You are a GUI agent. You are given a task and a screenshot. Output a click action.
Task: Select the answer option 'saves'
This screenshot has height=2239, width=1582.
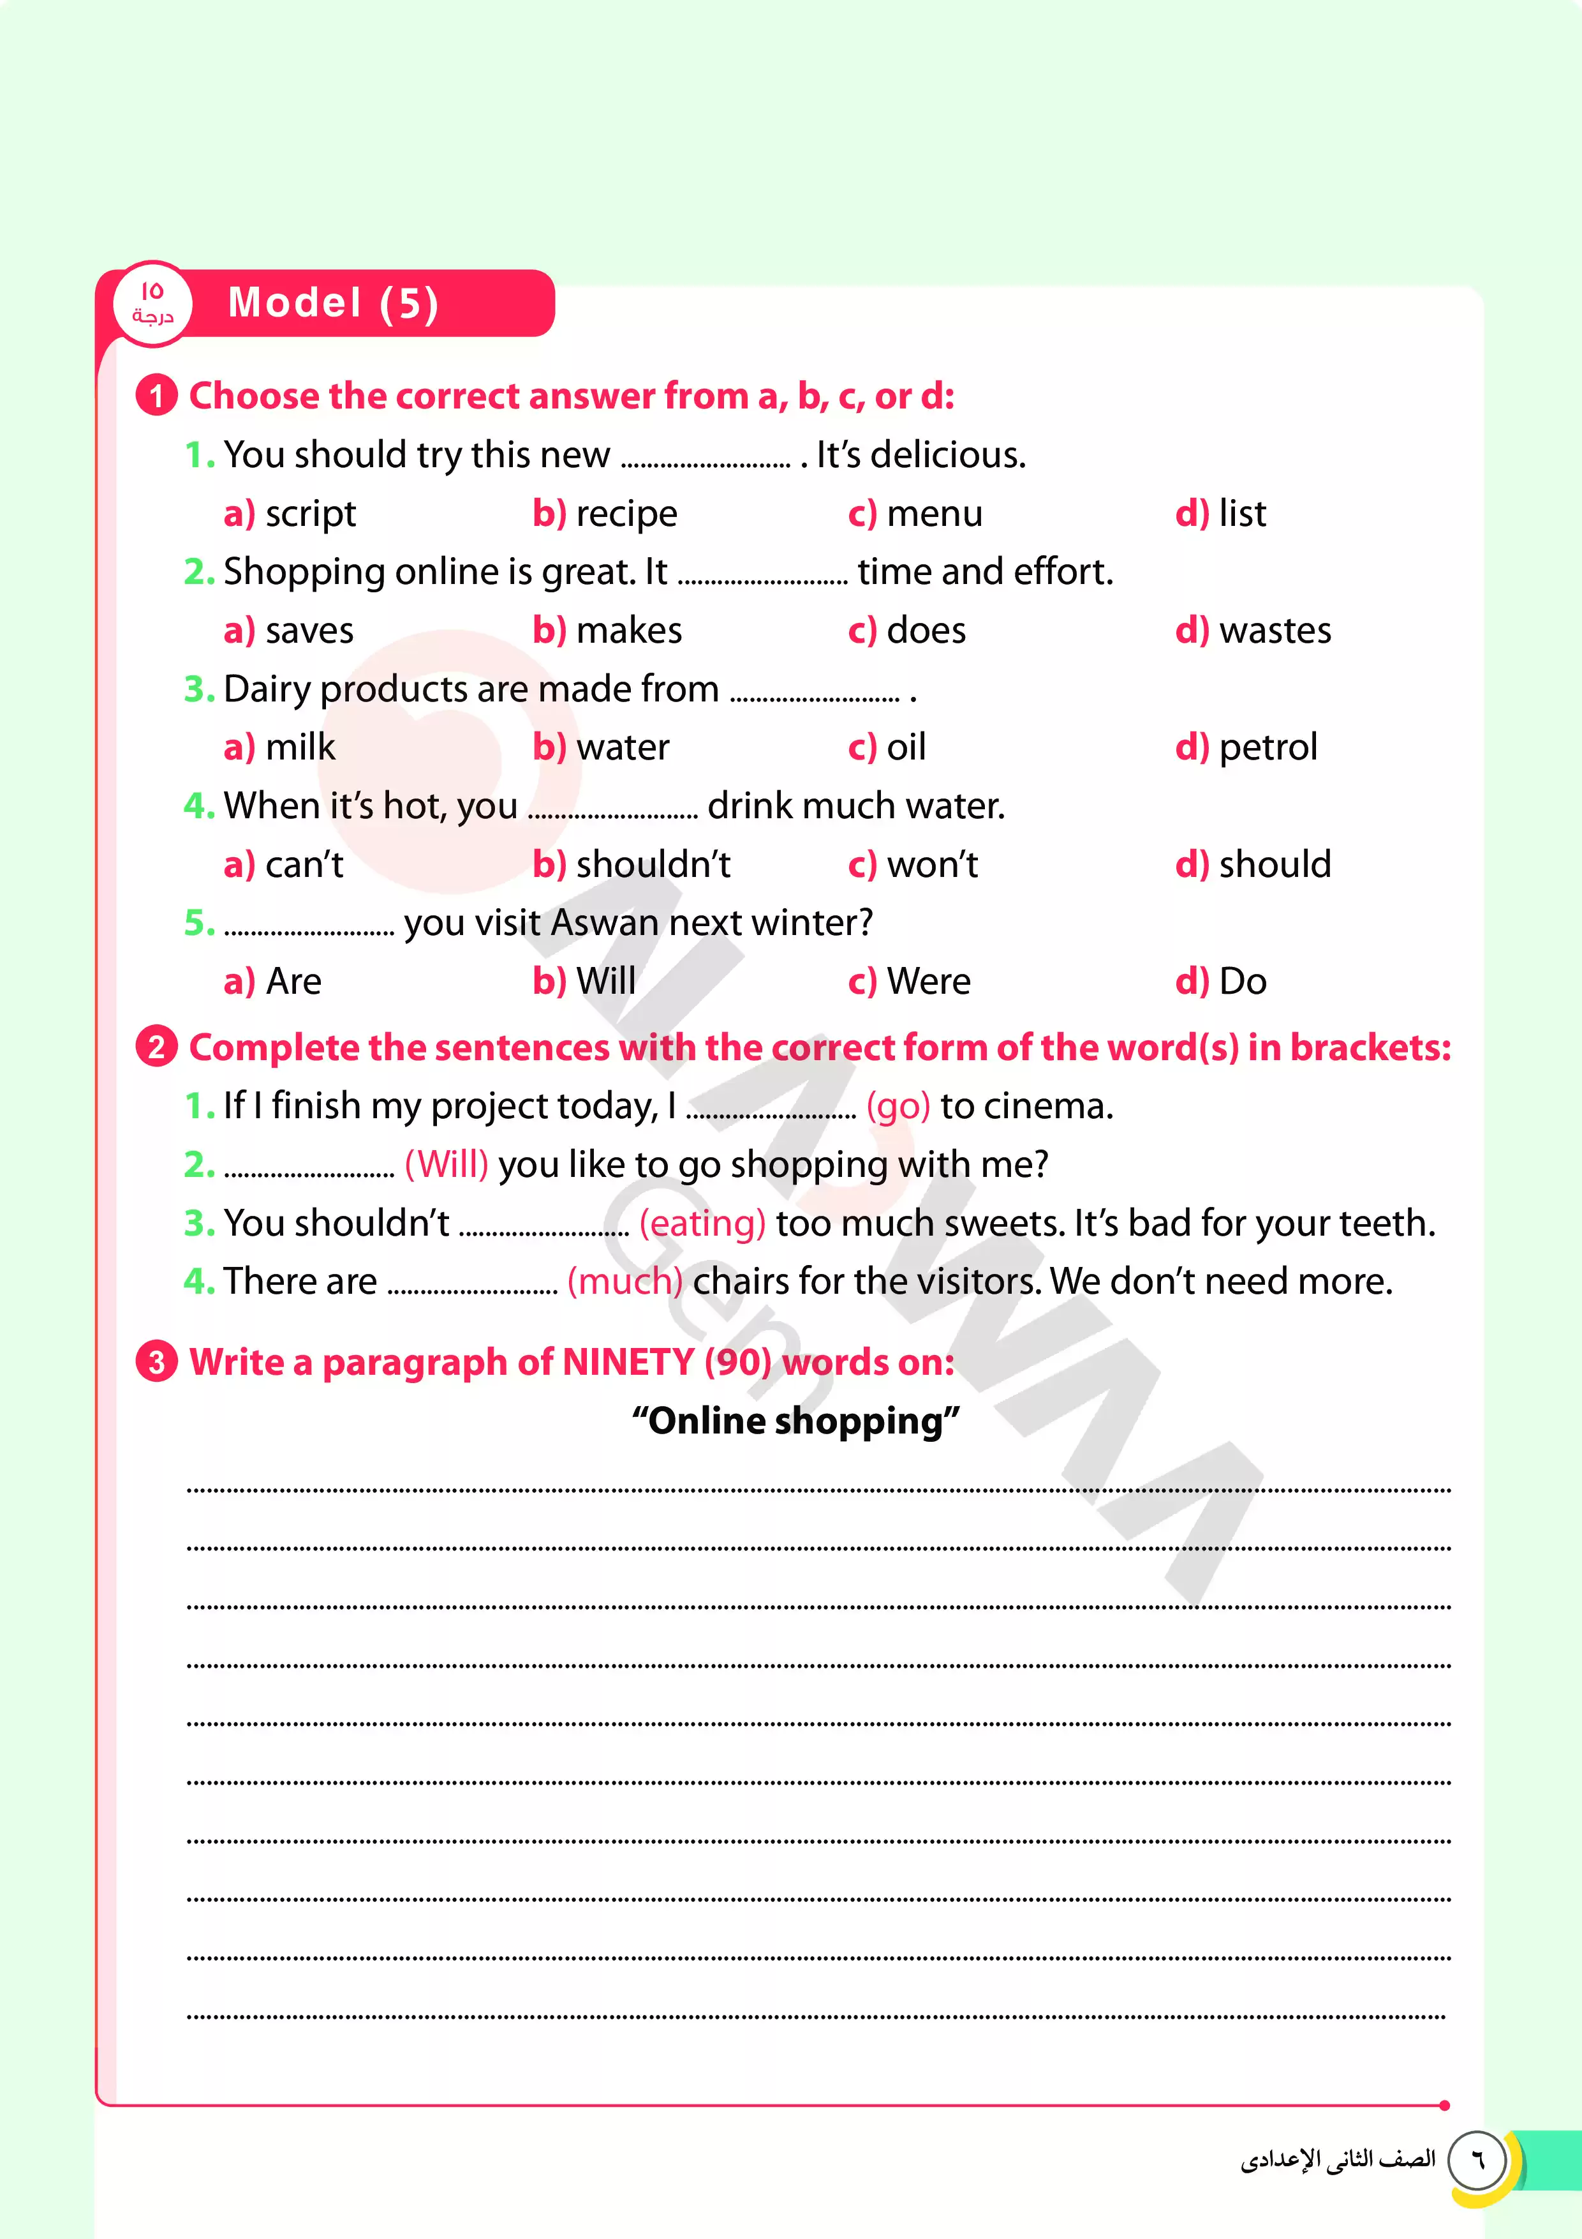(309, 631)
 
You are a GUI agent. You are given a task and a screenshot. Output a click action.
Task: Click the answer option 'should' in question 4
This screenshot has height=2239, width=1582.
(1274, 865)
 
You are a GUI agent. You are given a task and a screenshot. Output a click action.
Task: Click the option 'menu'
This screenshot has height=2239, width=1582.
(934, 514)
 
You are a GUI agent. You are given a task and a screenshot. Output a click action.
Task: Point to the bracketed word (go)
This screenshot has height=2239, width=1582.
(898, 1107)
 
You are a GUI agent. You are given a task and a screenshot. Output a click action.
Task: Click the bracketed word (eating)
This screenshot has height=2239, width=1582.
(702, 1224)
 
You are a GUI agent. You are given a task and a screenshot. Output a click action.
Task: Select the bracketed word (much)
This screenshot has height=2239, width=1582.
(625, 1282)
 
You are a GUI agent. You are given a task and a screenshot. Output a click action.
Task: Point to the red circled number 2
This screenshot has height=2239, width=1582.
(156, 1047)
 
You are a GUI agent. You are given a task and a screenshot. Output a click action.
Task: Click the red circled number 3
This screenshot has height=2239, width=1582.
(156, 1361)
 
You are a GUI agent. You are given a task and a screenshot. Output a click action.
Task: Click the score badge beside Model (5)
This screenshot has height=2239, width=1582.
(152, 303)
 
